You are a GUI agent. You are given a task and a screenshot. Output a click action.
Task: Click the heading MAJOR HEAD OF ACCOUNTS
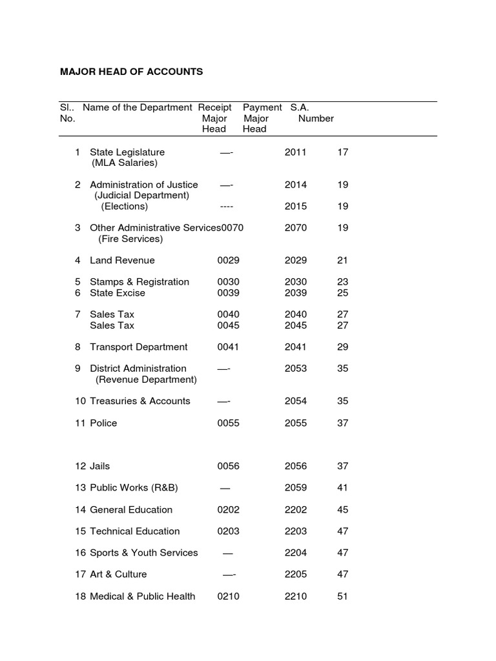(131, 72)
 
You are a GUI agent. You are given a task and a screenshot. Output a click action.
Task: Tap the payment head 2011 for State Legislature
(296, 152)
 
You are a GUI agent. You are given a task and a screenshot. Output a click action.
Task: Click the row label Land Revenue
(122, 260)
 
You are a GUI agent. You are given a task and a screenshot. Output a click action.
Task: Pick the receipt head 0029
(228, 260)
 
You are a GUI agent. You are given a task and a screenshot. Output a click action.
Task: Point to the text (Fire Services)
(130, 239)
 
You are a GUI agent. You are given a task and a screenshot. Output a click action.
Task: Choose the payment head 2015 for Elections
(296, 207)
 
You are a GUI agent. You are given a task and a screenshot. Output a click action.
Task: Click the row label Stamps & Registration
(139, 282)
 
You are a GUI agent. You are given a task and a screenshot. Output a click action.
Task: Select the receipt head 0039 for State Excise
(228, 293)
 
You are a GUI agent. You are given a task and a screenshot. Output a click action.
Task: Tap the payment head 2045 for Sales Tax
(296, 325)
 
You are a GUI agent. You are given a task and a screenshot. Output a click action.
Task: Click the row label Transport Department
(139, 347)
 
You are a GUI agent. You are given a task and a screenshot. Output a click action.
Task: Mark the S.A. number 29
(342, 347)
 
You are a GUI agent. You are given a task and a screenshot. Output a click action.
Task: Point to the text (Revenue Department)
(146, 380)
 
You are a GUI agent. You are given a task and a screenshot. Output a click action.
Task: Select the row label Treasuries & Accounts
(140, 401)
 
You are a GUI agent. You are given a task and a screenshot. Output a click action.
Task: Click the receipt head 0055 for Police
(228, 423)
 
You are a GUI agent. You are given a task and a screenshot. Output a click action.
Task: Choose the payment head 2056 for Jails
(296, 466)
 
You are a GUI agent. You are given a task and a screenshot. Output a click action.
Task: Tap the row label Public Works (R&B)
(133, 487)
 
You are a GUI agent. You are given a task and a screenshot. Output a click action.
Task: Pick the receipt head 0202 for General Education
(228, 509)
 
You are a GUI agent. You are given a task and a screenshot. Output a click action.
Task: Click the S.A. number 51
(342, 596)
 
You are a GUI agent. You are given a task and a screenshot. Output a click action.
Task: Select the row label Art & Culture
(118, 574)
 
